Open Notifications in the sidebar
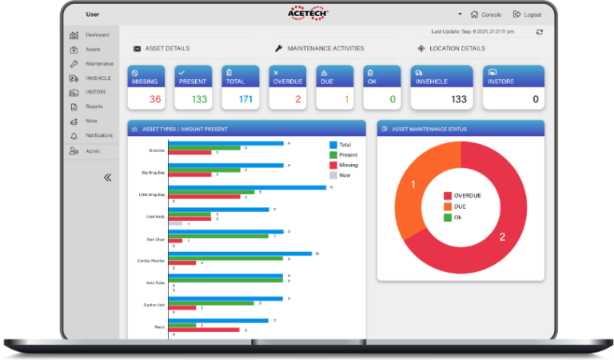[x=99, y=135]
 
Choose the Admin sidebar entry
[x=93, y=150]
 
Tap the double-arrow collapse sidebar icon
[x=107, y=178]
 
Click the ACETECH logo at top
[x=308, y=14]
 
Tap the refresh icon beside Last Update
[x=540, y=32]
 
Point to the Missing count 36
[x=155, y=99]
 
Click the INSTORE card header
[x=513, y=77]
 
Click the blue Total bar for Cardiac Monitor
[x=240, y=254]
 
